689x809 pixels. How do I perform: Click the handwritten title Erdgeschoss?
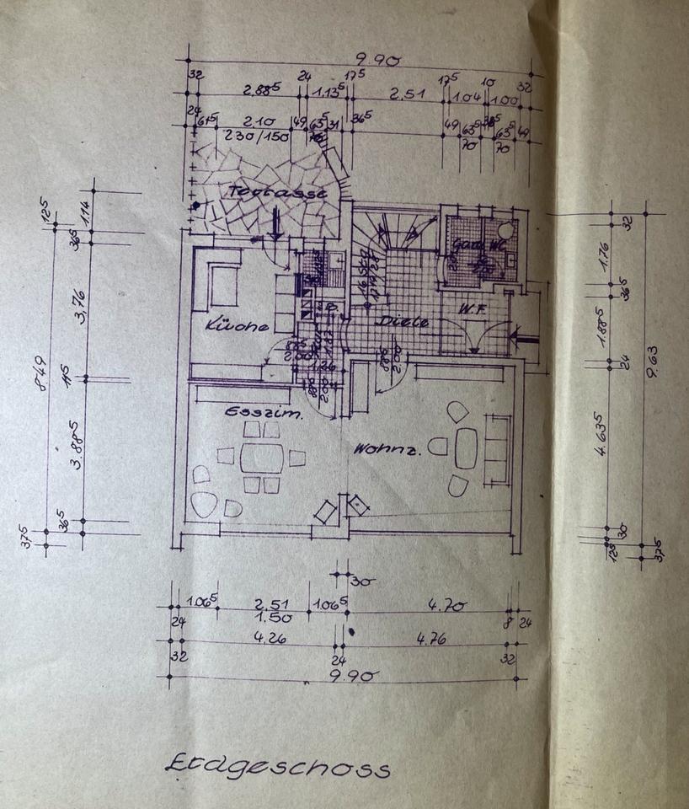[277, 767]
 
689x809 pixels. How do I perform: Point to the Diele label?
[403, 321]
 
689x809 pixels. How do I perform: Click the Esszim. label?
[263, 414]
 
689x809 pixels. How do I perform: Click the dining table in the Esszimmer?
[262, 458]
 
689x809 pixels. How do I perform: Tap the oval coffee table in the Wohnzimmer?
[466, 447]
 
